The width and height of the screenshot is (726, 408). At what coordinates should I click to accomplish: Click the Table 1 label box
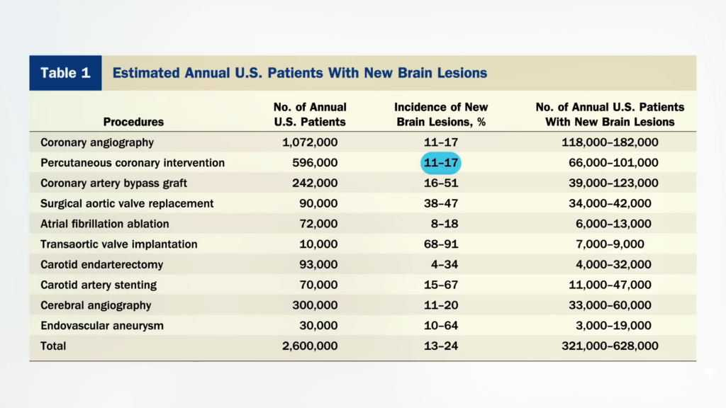point(65,73)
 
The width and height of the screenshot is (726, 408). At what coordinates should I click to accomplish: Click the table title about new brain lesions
point(299,73)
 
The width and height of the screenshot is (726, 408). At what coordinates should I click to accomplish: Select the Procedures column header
point(133,122)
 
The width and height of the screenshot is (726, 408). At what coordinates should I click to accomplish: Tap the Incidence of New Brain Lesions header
point(441,114)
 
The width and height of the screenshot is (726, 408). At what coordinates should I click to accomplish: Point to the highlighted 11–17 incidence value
point(441,163)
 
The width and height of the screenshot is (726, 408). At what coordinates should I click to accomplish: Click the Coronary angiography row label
point(97,142)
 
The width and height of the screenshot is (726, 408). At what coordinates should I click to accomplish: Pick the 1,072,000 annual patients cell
point(310,142)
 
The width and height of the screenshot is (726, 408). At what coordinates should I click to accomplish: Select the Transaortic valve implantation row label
point(119,244)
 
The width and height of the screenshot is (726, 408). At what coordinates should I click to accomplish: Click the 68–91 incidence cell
point(441,244)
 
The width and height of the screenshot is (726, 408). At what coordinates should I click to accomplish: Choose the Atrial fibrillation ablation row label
point(105,224)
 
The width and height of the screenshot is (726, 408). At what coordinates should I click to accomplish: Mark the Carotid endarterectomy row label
point(102,265)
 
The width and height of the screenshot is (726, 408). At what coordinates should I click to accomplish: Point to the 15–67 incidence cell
point(441,285)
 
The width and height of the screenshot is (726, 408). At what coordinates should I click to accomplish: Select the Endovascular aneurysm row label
point(102,326)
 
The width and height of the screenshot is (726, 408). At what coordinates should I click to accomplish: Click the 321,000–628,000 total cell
point(610,346)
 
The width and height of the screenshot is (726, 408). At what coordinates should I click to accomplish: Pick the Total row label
point(54,346)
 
